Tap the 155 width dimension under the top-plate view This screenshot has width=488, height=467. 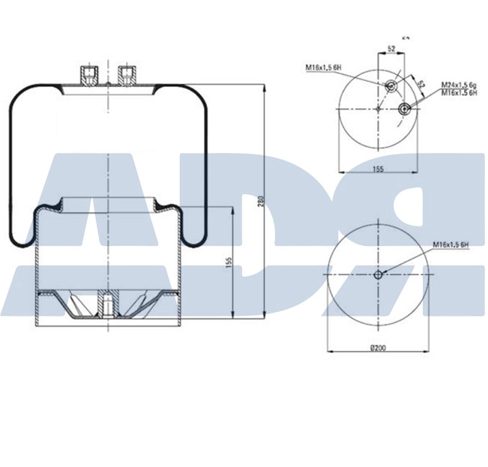(378, 170)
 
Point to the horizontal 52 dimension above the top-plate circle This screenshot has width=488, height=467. (391, 49)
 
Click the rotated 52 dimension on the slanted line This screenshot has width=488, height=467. (421, 85)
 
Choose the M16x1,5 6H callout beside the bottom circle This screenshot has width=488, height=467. (451, 245)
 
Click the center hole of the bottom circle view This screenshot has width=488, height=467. (379, 274)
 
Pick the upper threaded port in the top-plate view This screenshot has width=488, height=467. (391, 88)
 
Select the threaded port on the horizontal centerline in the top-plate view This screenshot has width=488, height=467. (405, 110)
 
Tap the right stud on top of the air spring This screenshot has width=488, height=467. (125, 74)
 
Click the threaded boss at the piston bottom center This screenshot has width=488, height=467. (107, 306)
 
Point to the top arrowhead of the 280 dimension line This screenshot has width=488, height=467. (266, 88)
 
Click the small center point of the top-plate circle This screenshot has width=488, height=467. (379, 110)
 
